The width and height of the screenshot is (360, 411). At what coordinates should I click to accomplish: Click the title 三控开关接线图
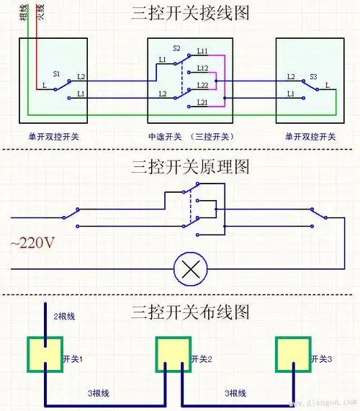tap(190, 14)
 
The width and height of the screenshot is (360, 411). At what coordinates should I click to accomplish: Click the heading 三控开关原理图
tap(190, 167)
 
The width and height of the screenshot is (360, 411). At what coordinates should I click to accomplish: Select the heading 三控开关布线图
tap(190, 312)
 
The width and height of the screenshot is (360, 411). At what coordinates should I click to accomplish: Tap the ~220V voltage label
tap(32, 243)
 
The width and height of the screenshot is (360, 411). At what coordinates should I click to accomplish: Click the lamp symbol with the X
tap(192, 270)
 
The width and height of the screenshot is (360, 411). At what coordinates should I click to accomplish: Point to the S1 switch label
tap(56, 74)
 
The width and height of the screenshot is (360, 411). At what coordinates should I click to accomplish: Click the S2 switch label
tap(176, 48)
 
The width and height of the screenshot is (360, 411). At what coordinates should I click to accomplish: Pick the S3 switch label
tap(313, 76)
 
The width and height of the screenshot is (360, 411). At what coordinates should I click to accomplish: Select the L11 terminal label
tap(202, 53)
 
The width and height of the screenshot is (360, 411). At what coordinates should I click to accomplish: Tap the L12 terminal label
tap(202, 68)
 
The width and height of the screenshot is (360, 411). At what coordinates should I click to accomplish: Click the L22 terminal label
tap(202, 85)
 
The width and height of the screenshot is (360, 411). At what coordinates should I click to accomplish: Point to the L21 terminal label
tap(202, 103)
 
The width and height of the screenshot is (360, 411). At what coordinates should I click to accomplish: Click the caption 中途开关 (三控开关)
tap(190, 136)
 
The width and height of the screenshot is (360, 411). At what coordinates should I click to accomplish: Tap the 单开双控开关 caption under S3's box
tap(310, 136)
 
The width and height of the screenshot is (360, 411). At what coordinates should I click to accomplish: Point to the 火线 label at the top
tap(40, 12)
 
